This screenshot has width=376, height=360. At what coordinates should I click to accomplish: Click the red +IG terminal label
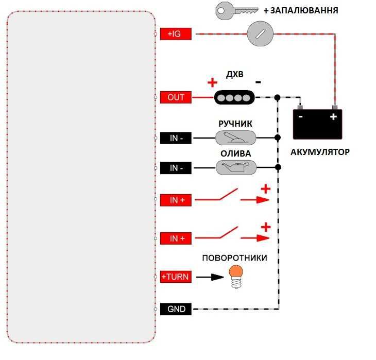176,34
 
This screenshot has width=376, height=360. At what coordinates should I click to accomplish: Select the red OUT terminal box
176,97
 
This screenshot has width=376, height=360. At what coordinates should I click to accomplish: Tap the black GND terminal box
176,309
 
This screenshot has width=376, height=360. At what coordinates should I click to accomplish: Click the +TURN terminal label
176,277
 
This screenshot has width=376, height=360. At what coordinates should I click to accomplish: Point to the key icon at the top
237,10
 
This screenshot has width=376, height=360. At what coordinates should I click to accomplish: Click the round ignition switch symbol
260,33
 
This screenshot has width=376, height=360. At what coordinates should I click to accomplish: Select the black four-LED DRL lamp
234,98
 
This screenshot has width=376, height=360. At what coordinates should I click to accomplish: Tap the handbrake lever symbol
235,138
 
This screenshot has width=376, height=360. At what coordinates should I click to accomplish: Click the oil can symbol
236,167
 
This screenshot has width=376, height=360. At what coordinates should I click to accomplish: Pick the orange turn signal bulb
236,277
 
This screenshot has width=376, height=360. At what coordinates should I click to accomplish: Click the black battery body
317,124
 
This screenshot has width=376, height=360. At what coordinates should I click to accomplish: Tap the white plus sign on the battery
333,117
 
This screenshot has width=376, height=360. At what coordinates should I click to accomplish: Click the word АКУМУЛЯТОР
320,152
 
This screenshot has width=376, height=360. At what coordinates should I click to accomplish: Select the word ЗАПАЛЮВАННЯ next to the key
304,10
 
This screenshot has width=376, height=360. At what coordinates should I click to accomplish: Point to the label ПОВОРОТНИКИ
234,258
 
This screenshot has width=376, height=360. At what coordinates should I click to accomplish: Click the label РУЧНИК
235,124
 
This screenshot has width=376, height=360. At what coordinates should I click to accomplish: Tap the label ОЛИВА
236,153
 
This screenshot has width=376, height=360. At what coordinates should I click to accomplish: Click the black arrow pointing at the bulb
210,277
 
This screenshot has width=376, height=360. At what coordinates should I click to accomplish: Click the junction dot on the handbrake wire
278,138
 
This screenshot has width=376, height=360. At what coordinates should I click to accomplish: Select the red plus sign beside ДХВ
212,83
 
